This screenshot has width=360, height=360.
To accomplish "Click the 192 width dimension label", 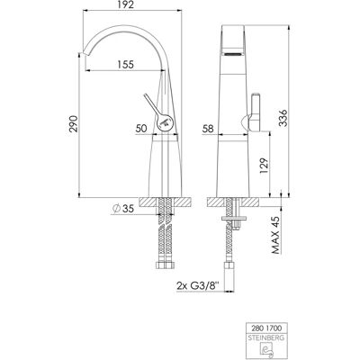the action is (126, 4).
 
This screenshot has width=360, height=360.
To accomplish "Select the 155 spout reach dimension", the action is (125, 64).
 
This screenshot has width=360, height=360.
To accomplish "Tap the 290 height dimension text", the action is (74, 123).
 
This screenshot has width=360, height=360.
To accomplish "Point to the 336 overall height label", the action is (283, 118).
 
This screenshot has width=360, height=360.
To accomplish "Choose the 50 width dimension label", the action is (141, 129).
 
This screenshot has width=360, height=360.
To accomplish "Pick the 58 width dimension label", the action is (208, 129).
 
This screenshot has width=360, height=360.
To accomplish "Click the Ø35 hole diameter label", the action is (122, 209).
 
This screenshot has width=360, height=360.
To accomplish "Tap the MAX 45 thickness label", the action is (275, 235).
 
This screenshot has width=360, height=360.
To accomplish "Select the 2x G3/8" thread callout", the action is (198, 286).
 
